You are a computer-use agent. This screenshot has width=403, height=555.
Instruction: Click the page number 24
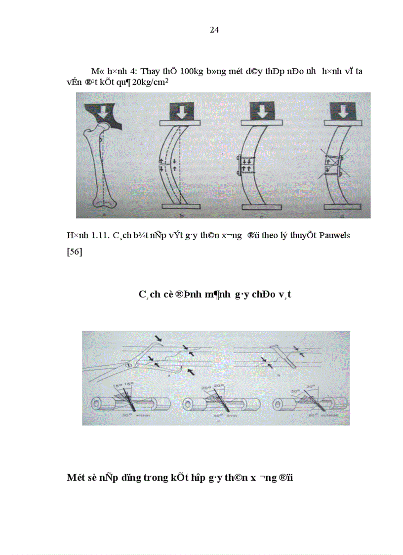(214, 30)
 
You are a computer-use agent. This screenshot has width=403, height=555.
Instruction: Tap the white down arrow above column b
(182, 112)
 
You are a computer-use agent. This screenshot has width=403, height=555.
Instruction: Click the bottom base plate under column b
(181, 206)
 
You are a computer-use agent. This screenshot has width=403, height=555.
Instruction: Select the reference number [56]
(75, 253)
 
